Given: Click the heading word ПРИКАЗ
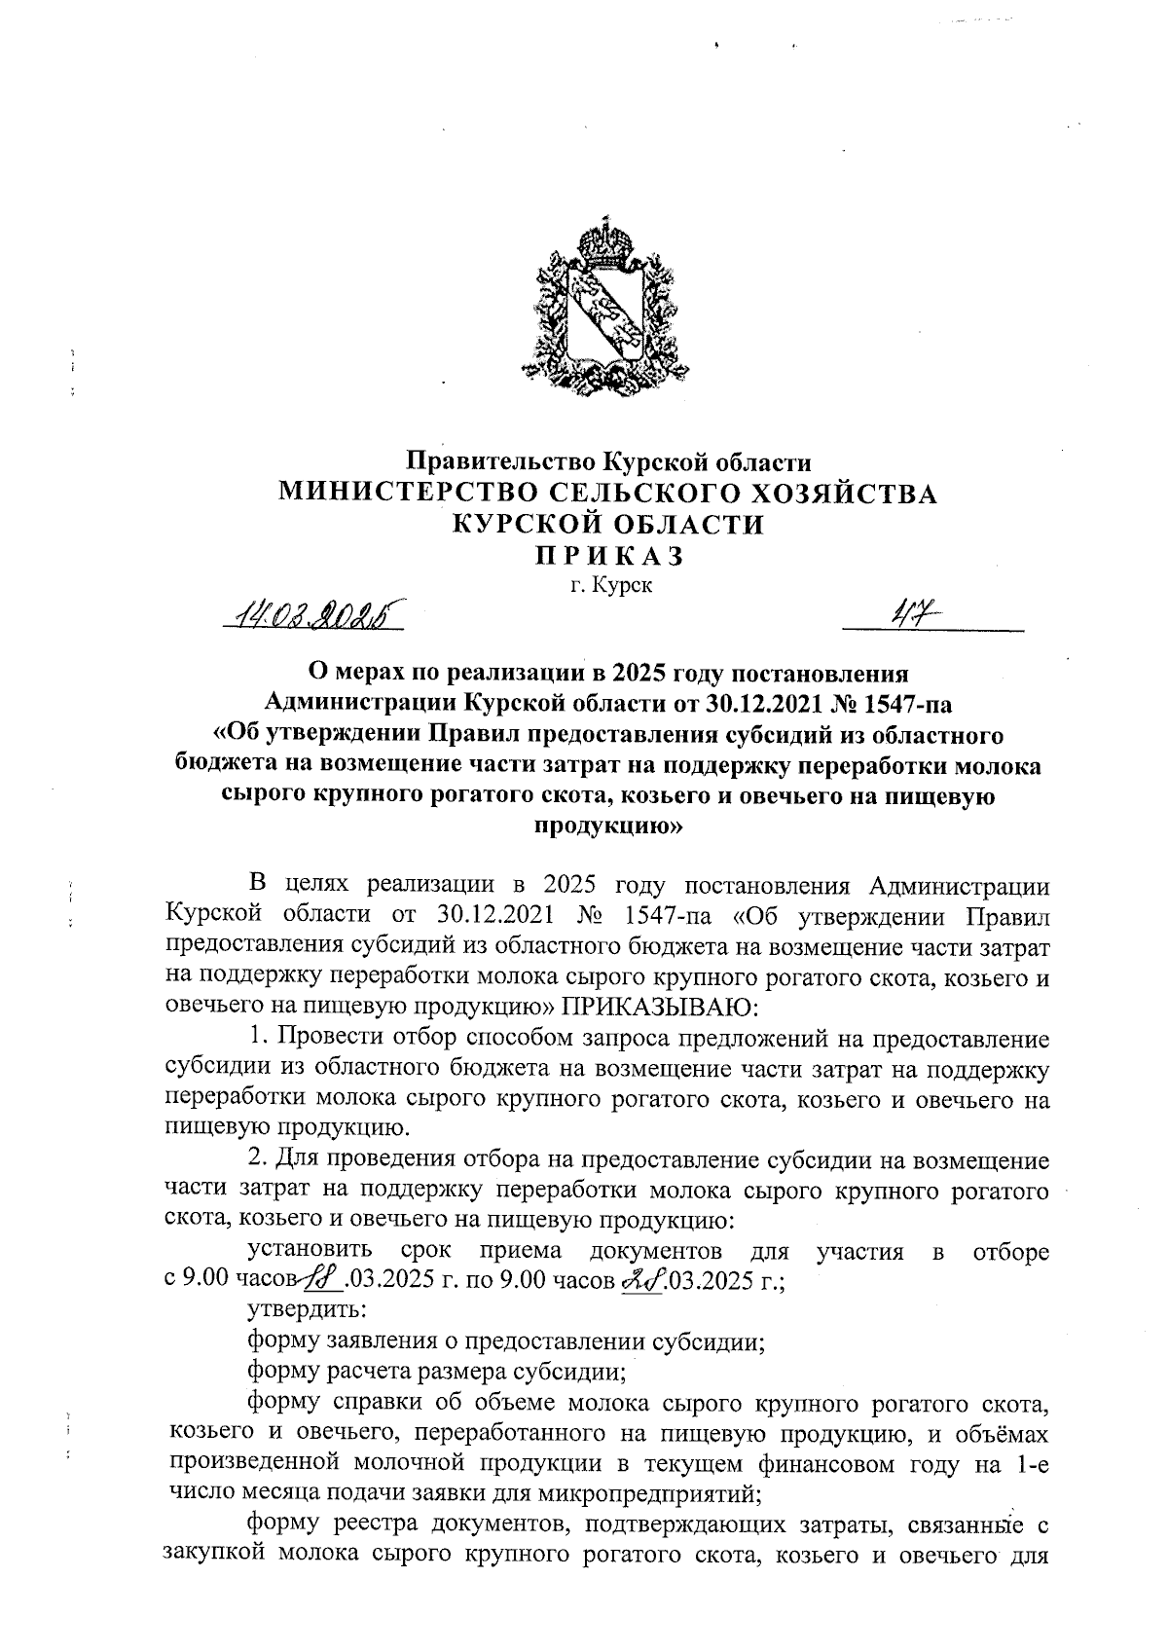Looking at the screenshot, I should coord(608,555).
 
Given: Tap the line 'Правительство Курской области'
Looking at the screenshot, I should coord(608,460).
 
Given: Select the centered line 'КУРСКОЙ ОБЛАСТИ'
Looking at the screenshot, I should coord(608,525).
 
